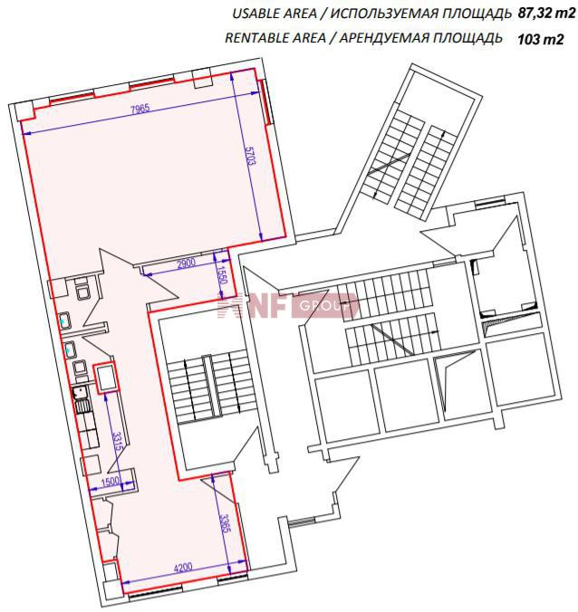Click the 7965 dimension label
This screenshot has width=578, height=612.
point(140,109)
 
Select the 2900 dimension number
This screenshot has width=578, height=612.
point(186,263)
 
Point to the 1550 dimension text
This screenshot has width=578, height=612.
point(221,275)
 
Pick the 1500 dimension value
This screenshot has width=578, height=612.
point(111,482)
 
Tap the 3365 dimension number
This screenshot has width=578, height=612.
point(224,524)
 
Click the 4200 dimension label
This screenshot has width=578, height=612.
point(183,567)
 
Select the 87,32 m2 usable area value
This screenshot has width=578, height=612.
point(547,14)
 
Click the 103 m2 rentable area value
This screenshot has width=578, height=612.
point(541,40)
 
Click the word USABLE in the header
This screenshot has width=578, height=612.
point(255,14)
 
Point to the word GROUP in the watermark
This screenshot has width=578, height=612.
point(323,306)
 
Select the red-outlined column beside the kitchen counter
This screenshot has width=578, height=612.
point(105,377)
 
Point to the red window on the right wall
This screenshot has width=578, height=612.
point(265,102)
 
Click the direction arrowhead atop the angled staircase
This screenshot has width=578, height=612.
point(442,133)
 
